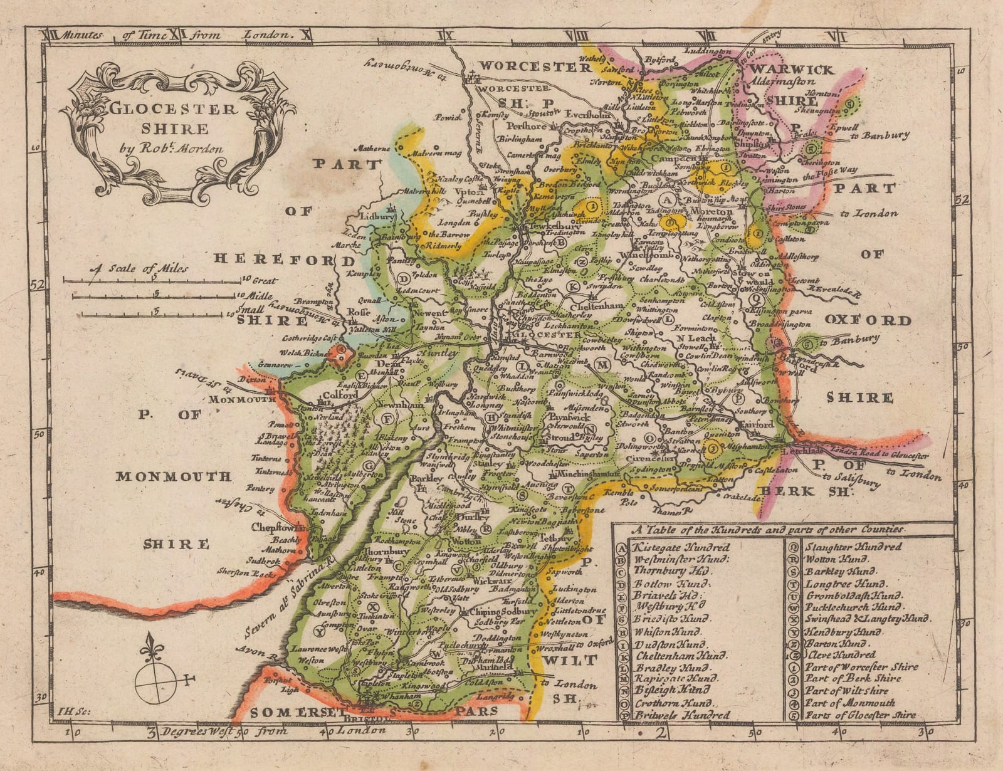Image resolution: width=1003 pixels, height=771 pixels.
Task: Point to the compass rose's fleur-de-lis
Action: [150, 645]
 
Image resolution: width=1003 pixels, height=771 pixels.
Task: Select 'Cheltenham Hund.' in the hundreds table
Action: [680, 656]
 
